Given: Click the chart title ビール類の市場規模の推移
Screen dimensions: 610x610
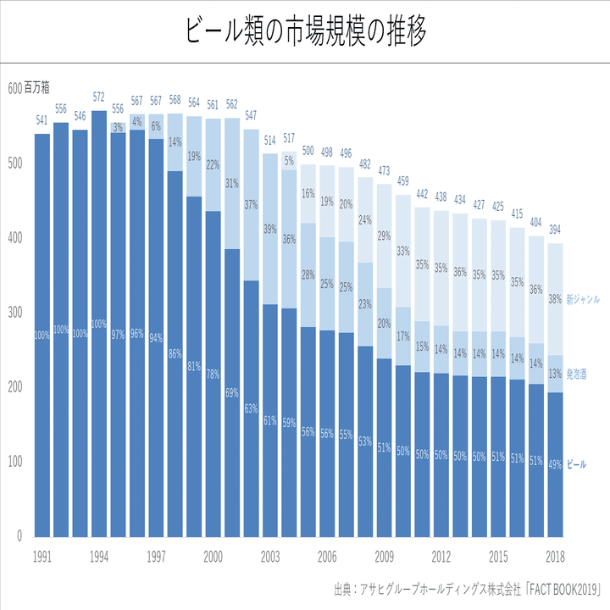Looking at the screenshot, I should (x=305, y=31).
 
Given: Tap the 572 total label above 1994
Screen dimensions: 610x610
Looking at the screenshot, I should (x=99, y=97).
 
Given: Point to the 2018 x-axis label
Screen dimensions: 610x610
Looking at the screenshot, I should (x=555, y=557).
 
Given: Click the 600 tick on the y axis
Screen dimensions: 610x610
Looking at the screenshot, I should (x=14, y=88).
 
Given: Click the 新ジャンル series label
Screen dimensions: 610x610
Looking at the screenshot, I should (x=583, y=299).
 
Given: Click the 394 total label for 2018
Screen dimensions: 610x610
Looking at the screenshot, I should (x=555, y=230).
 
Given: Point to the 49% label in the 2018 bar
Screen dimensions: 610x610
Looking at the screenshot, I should (x=555, y=464).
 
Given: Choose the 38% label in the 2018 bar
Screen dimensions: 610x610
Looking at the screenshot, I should (x=555, y=298).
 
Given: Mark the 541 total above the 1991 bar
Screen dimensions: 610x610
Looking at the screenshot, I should (x=42, y=119).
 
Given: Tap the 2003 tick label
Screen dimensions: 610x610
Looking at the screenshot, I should (x=270, y=557).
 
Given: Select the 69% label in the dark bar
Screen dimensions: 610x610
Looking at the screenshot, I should (x=232, y=393).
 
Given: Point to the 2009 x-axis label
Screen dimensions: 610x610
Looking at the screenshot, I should (x=384, y=557).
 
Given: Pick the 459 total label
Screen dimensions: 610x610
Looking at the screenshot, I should (x=403, y=181).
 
